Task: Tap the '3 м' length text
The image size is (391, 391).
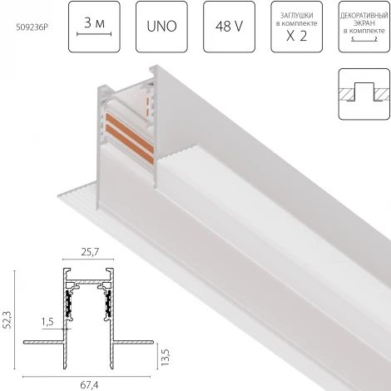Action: pyautogui.click(x=95, y=22)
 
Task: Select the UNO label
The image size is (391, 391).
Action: pyautogui.click(x=161, y=27)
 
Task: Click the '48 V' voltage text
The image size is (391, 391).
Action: pyautogui.click(x=229, y=27)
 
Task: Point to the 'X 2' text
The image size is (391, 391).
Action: pyautogui.click(x=296, y=37)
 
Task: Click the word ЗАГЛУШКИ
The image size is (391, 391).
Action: pyautogui.click(x=296, y=15)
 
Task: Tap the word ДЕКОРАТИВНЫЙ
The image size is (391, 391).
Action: pyautogui.click(x=364, y=15)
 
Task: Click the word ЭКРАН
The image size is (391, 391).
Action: pyautogui.click(x=364, y=22)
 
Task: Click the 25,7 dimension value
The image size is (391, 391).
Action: pyautogui.click(x=88, y=252)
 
